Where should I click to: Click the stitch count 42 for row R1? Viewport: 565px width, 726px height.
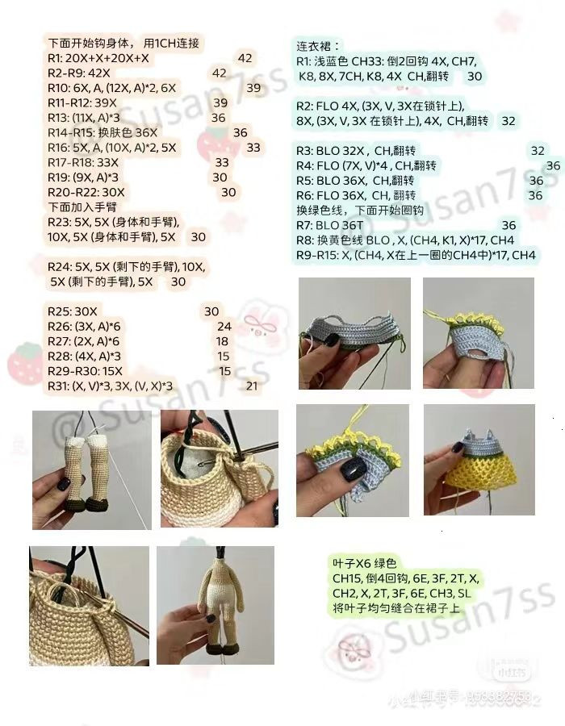tap(245, 58)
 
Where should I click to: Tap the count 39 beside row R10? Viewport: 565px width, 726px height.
tap(253, 88)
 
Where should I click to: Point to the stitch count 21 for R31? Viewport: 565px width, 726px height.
tap(251, 386)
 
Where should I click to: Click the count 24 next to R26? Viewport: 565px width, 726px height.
tap(224, 326)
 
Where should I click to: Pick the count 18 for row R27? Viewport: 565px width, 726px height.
tap(222, 341)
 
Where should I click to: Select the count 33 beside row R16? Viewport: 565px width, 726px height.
tap(253, 148)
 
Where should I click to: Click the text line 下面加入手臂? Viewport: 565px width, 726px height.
tap(82, 207)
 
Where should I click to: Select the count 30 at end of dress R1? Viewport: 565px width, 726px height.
tap(475, 76)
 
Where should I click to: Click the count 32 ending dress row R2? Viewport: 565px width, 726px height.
tap(508, 121)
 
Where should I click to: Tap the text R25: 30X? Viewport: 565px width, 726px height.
tap(73, 311)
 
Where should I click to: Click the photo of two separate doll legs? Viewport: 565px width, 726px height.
tap(90, 469)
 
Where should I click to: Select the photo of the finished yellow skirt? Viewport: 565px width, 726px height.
tap(479, 459)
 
